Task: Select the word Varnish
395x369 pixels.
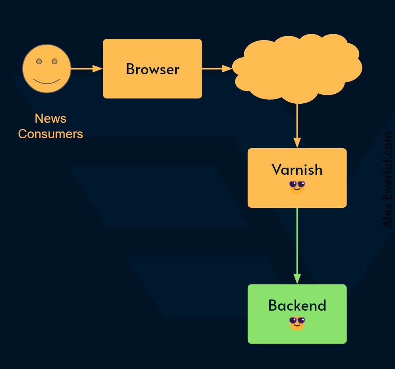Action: [x=297, y=170]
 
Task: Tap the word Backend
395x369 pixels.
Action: [x=297, y=305]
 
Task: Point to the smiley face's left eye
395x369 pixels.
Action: [x=39, y=61]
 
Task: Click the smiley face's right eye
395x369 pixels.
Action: [x=54, y=61]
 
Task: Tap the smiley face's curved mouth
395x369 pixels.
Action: [x=46, y=81]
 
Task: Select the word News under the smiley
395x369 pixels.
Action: [x=50, y=118]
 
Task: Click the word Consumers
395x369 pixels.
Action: [x=50, y=134]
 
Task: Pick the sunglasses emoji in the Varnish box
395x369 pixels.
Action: [x=297, y=187]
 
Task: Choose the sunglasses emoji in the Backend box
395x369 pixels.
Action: [x=297, y=323]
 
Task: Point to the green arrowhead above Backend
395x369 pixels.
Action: [x=297, y=279]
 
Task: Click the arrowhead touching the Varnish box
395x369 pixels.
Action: [x=297, y=143]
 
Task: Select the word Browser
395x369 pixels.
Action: [x=152, y=69]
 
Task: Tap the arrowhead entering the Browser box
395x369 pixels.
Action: [x=98, y=69]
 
